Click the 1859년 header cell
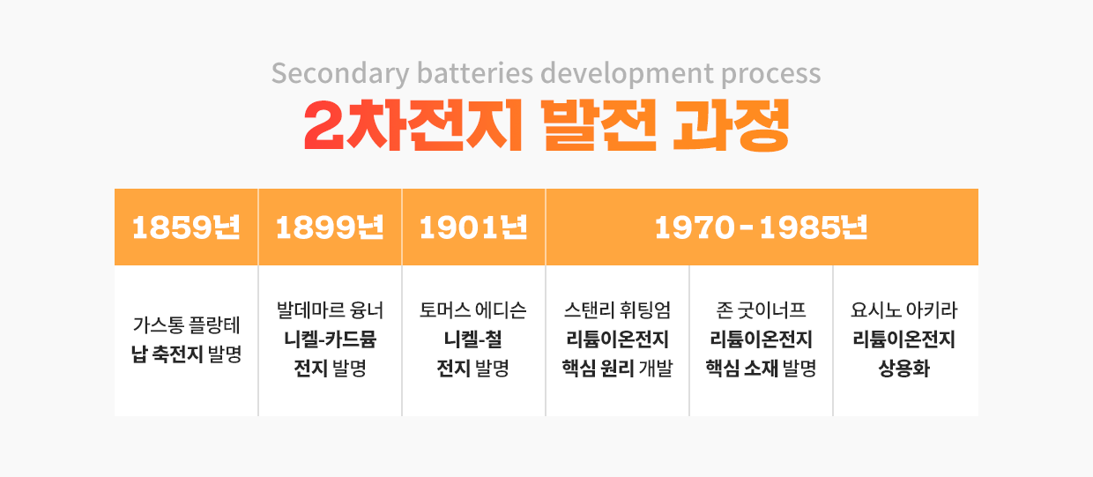pyautogui.click(x=186, y=227)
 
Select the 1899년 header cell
pyautogui.click(x=330, y=227)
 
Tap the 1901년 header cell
pyautogui.click(x=473, y=227)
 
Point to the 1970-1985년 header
pyautogui.click(x=762, y=227)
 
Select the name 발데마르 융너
pyautogui.click(x=330, y=310)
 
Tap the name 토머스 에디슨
pyautogui.click(x=473, y=310)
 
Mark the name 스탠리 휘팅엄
pyautogui.click(x=617, y=310)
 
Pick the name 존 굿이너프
pyautogui.click(x=761, y=310)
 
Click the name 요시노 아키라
pyautogui.click(x=904, y=310)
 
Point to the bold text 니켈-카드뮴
pyautogui.click(x=330, y=339)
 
